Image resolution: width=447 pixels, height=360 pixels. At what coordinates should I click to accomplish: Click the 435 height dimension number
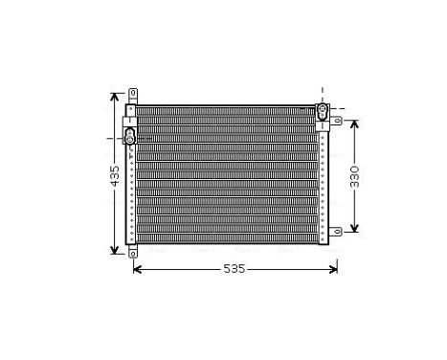116,175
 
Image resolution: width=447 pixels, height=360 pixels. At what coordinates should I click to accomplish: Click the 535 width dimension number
235,269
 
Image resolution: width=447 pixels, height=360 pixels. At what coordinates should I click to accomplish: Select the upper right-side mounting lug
337,122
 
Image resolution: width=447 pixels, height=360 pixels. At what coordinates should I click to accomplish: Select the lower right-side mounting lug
337,231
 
